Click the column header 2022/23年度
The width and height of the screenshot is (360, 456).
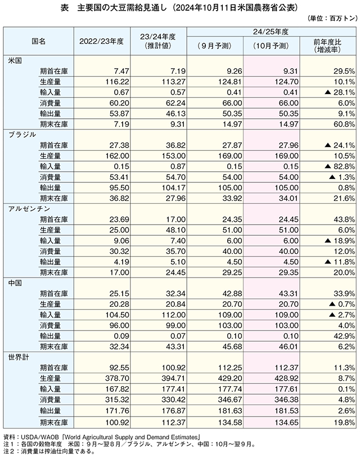coord(101,41)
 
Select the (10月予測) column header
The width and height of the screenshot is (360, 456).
coord(271,46)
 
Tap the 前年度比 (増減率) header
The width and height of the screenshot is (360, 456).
coord(327,46)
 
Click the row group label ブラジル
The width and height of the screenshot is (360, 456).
coord(22,135)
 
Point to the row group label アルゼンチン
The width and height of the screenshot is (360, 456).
coord(29,209)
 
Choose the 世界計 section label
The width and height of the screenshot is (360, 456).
coord(19,357)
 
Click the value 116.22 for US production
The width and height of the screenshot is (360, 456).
coord(117,82)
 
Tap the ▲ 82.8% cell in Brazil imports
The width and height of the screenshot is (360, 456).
coord(340,166)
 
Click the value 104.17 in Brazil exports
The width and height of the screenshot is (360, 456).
coord(173,187)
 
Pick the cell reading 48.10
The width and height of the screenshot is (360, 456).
coord(175,230)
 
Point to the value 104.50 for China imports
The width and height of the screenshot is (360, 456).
coord(117,315)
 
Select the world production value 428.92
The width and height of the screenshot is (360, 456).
coord(286,378)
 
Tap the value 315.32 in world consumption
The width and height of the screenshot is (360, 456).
coord(117,400)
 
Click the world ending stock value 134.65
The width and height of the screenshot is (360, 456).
coord(286,422)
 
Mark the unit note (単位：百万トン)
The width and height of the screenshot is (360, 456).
coord(332,18)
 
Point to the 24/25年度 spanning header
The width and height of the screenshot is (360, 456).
coord(271,32)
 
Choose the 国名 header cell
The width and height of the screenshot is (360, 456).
coord(38,41)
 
